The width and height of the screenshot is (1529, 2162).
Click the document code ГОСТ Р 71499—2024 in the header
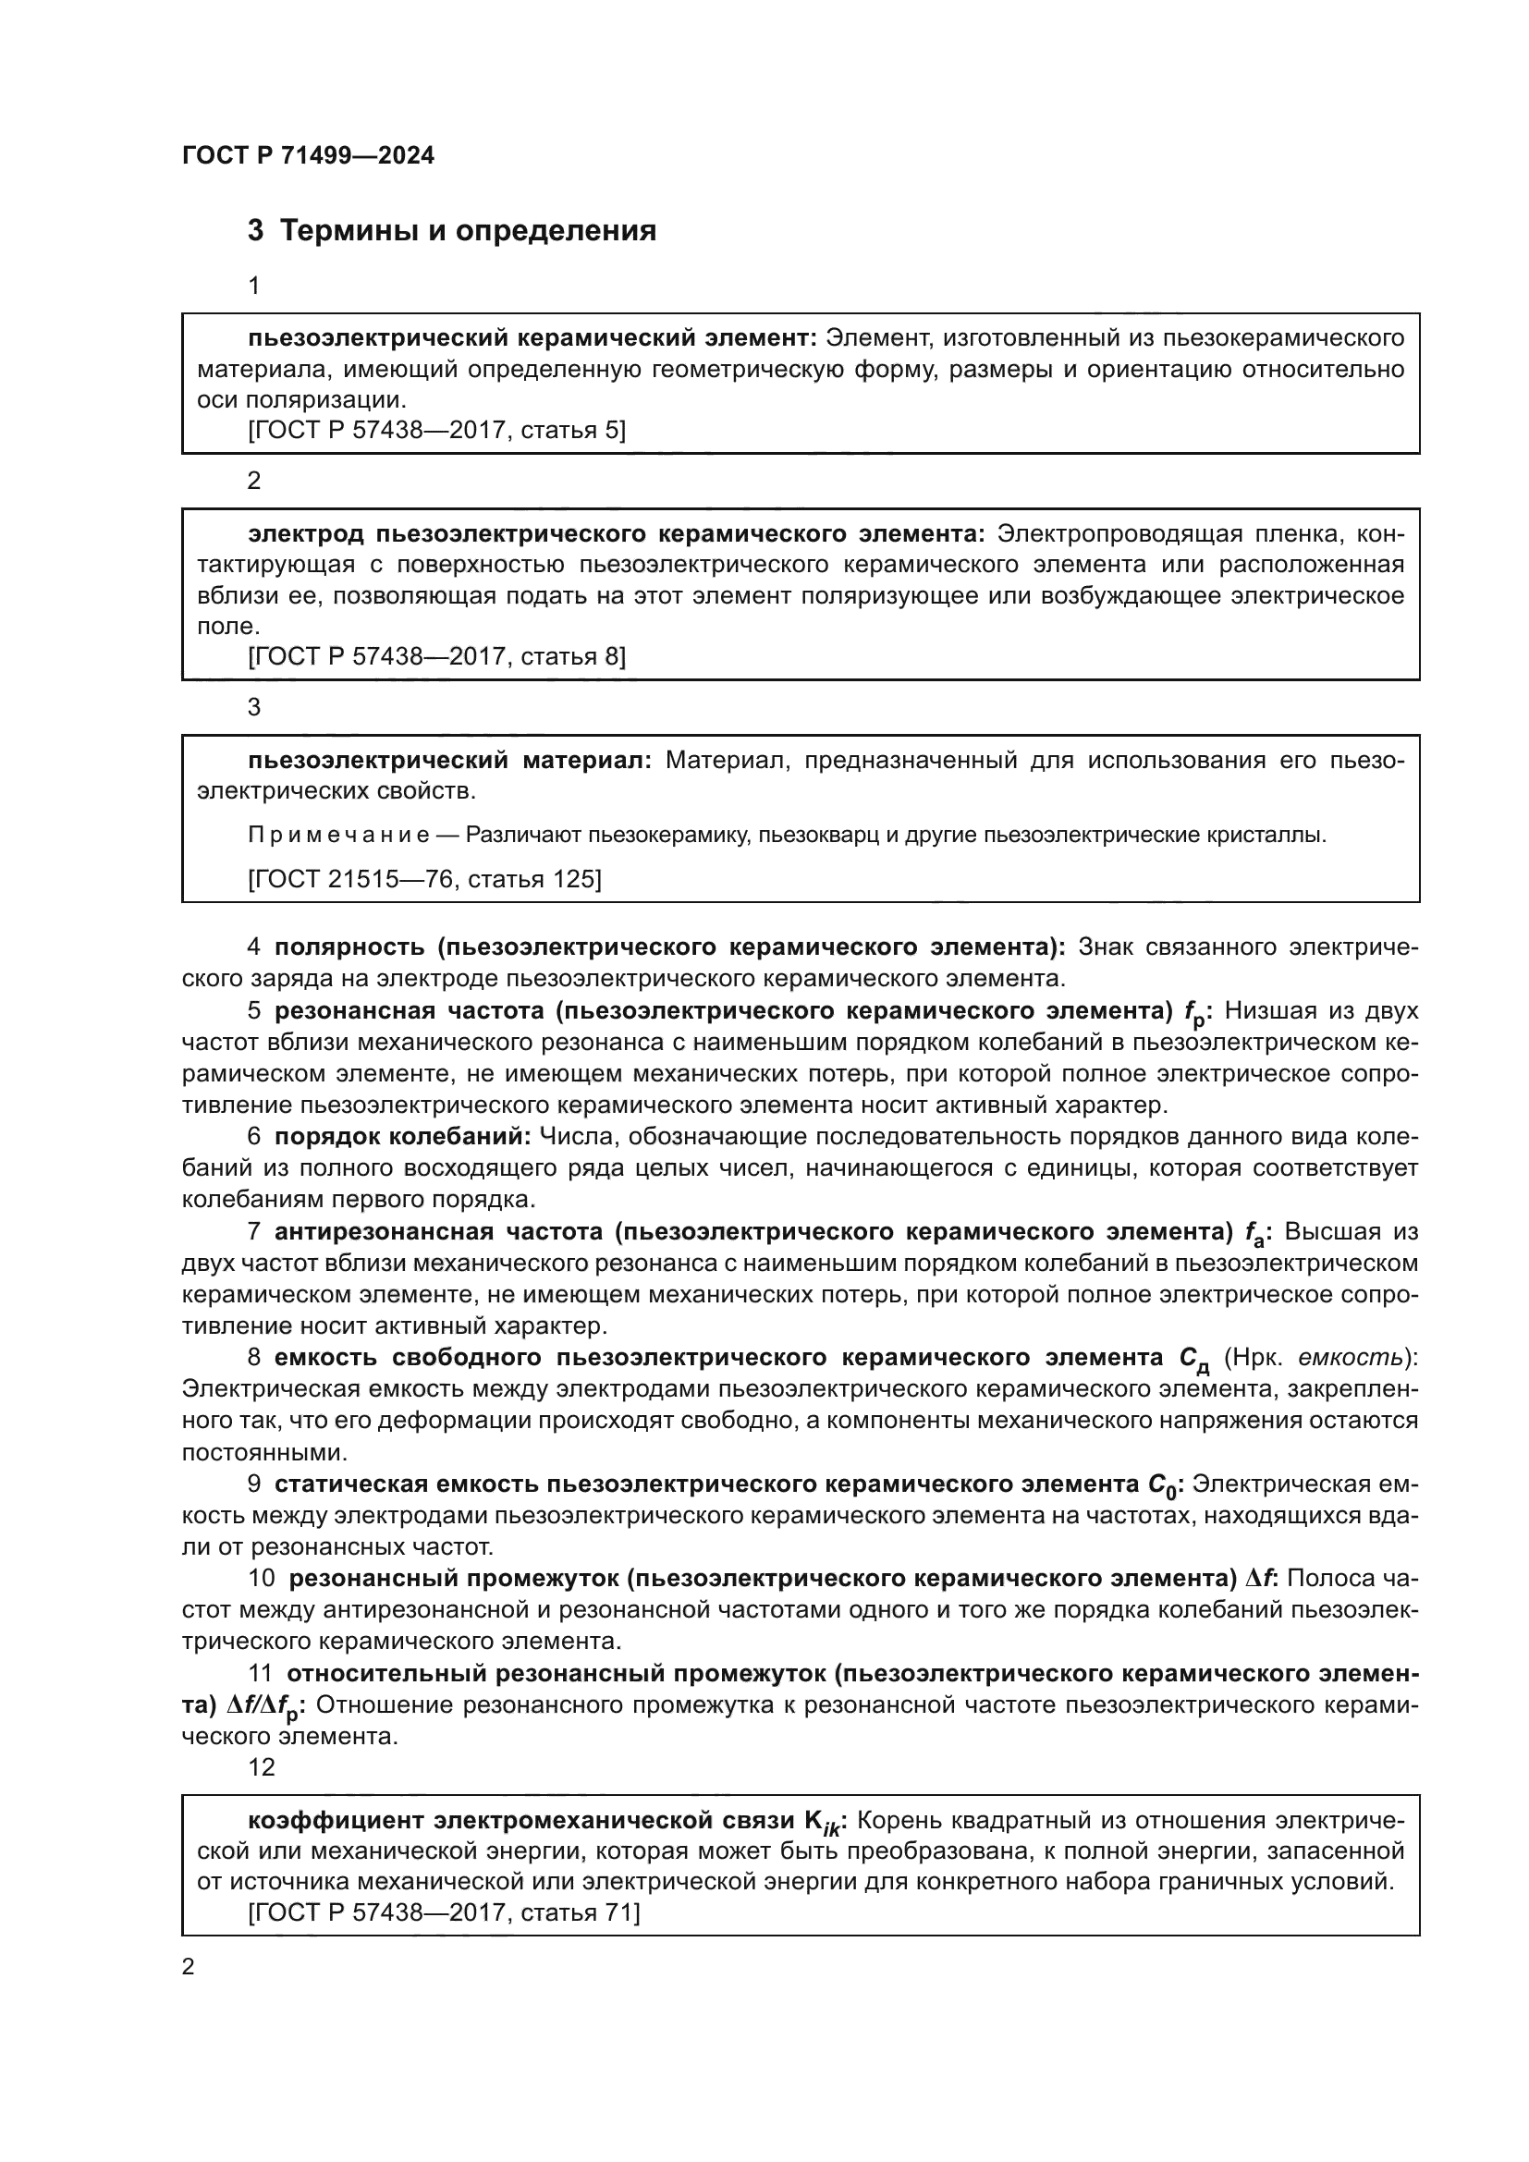(x=308, y=155)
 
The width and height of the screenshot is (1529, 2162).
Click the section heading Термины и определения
(x=468, y=231)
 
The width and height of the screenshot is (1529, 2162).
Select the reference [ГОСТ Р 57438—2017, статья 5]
(x=437, y=431)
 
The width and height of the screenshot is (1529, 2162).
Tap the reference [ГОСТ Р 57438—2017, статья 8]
(x=437, y=656)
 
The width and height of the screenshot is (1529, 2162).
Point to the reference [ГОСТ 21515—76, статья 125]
(x=424, y=878)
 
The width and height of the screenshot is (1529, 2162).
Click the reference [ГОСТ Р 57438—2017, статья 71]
(x=444, y=1912)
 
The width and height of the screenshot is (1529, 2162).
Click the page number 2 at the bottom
(x=189, y=1967)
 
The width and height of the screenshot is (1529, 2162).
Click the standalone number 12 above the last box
(x=261, y=1767)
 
